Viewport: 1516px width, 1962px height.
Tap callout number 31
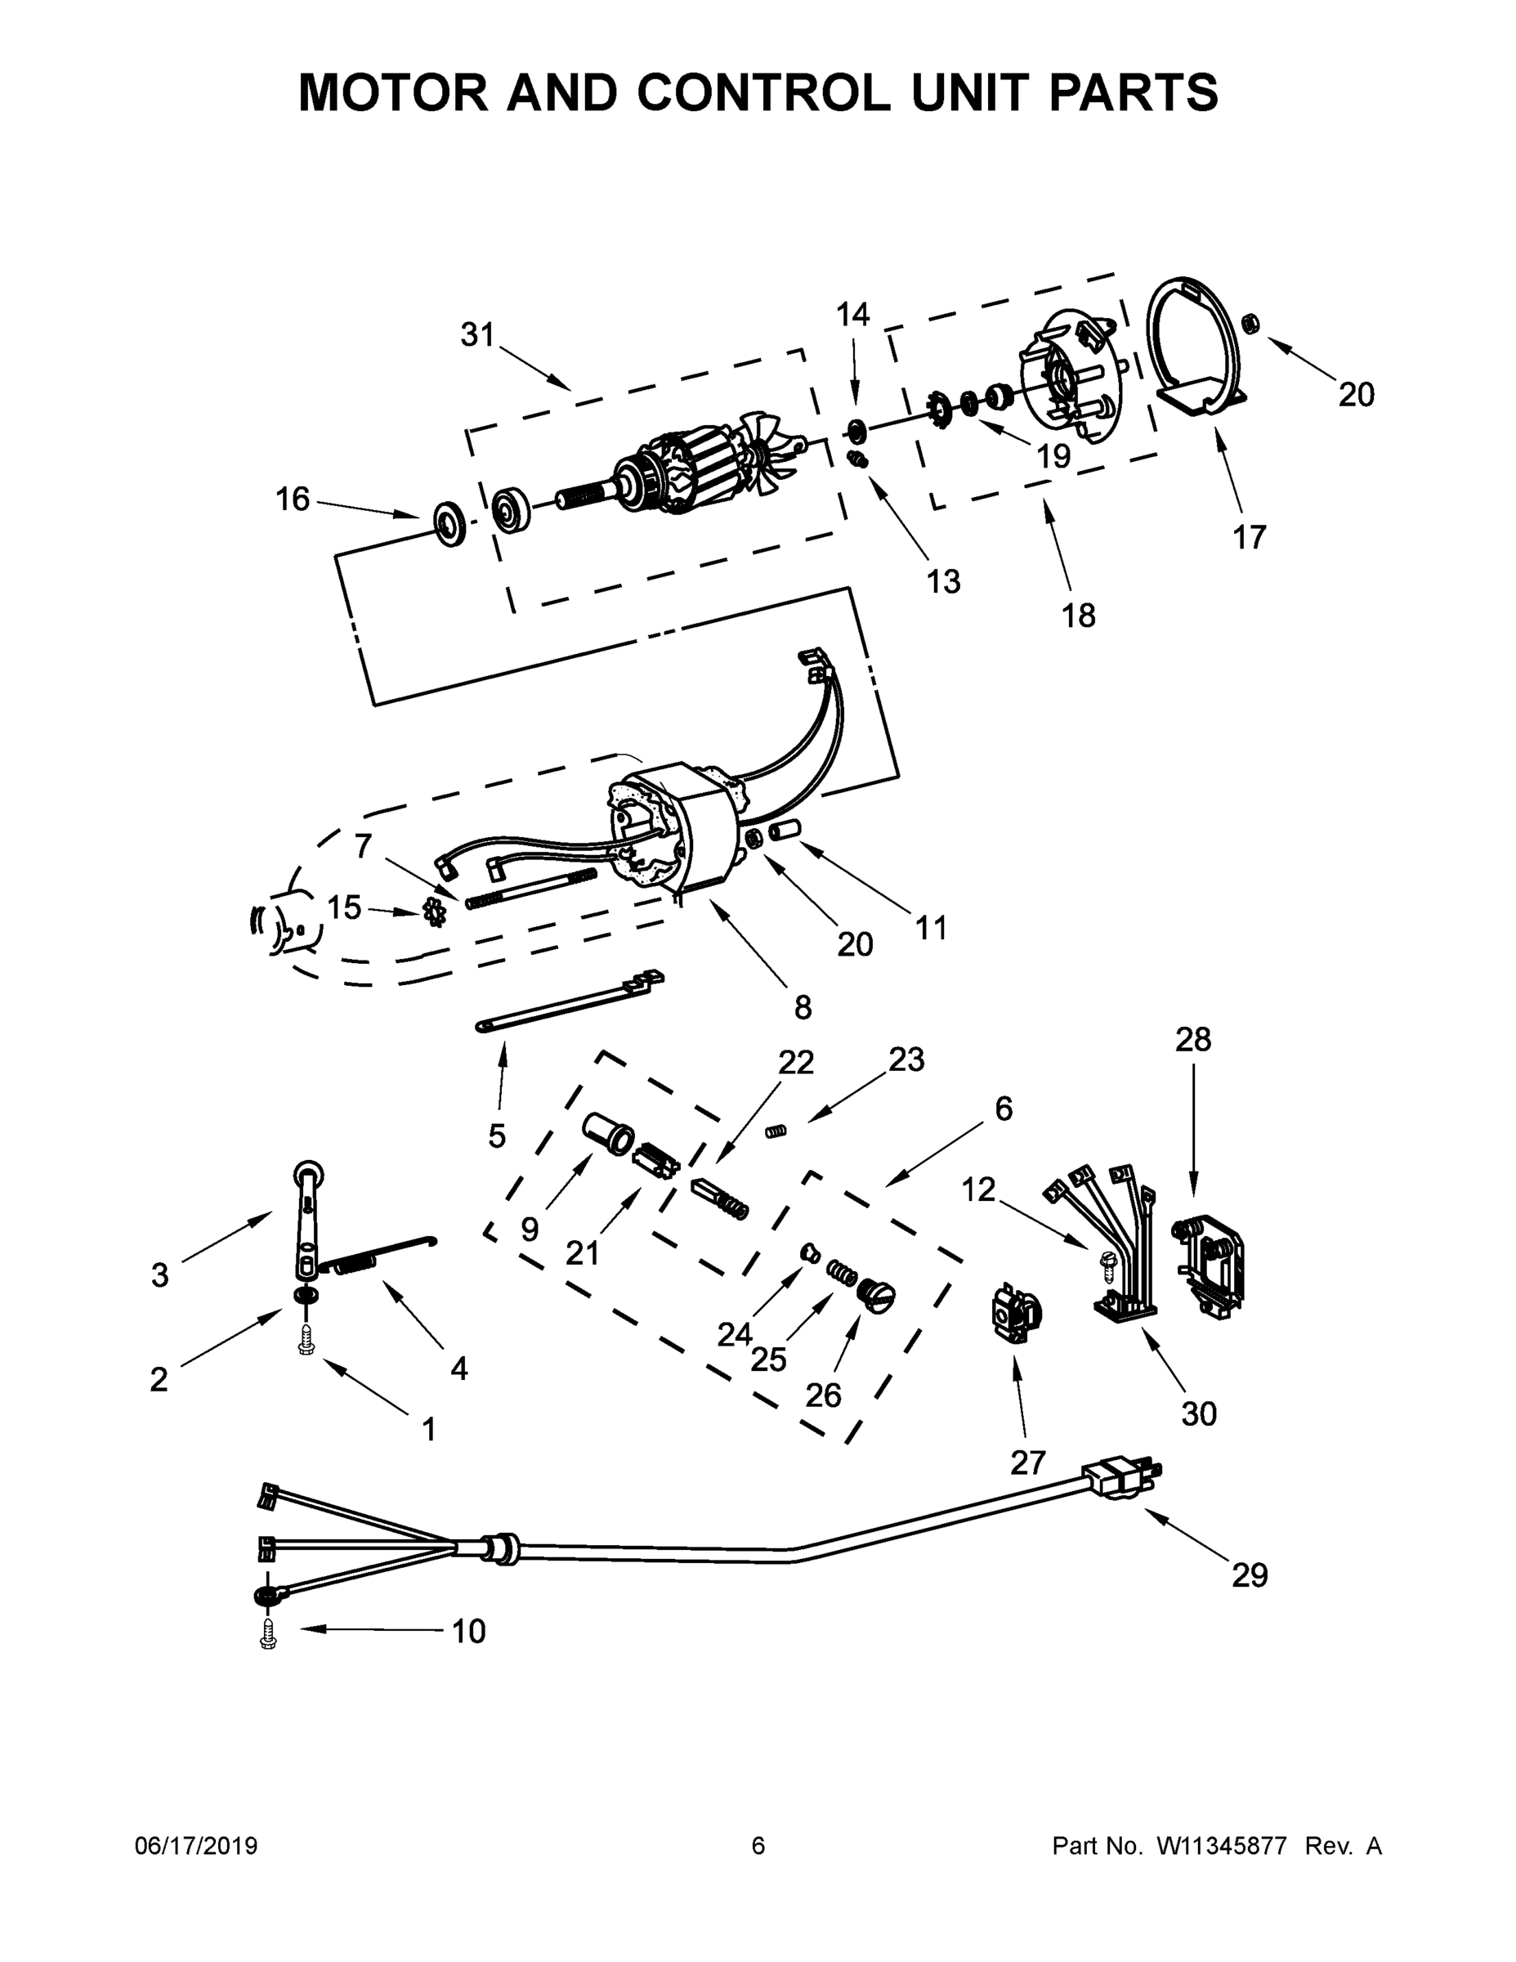pos(478,335)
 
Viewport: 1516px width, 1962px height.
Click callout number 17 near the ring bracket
pos(1249,537)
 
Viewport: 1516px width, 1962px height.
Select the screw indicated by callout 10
pos(266,1638)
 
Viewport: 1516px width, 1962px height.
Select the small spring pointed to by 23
pos(775,1131)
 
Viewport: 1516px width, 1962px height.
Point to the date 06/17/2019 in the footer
pos(196,1846)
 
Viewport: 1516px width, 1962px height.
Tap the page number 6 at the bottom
pos(758,1846)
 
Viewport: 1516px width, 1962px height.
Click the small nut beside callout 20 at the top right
pos(1249,321)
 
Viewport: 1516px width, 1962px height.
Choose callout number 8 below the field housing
pos(802,1007)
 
